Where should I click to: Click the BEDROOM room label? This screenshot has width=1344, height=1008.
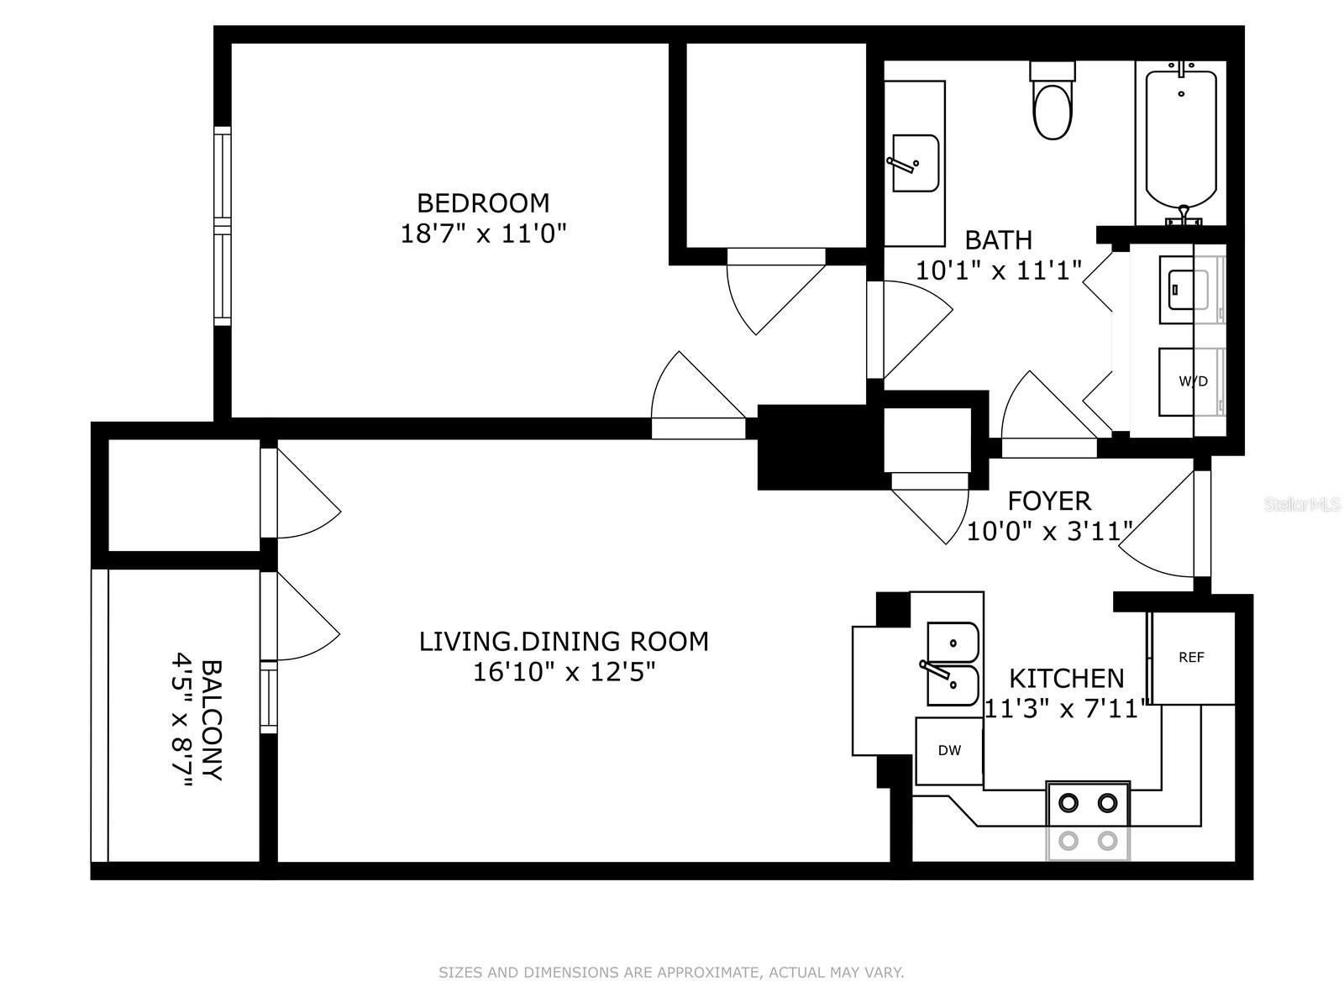coord(483,203)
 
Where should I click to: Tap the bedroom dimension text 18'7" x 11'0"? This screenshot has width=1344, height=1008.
coord(483,234)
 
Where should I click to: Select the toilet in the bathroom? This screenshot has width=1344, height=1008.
coord(1053,105)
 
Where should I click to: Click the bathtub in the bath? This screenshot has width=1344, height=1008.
coord(1181,139)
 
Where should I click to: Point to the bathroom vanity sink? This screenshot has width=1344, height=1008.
coord(913,164)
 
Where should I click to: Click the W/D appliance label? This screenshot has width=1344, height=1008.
coord(1193,381)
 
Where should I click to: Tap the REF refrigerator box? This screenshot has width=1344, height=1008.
coord(1192,658)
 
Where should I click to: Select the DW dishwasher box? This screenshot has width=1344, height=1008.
coord(949,751)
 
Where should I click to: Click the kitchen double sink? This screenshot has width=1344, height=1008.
coord(953,664)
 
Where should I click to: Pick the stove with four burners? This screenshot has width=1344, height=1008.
coord(1088,821)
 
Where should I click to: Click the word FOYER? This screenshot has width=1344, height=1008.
coord(1049,501)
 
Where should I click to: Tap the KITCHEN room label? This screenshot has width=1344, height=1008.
coord(1066,678)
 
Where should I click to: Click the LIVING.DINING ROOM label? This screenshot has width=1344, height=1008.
coord(564,642)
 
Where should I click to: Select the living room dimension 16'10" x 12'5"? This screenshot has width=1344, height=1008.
coord(564,673)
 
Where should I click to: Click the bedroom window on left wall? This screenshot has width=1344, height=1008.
coord(222,225)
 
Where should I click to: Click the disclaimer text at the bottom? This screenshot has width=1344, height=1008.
coord(671,973)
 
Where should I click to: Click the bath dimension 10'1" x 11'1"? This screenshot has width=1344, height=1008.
coord(998,270)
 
